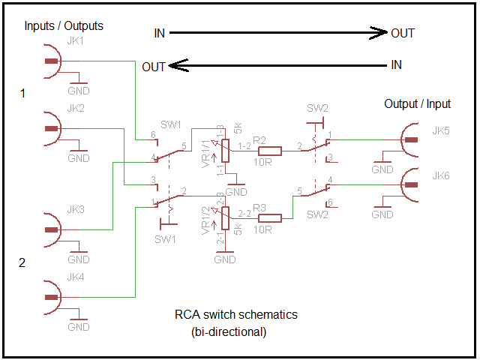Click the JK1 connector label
(x=75, y=40)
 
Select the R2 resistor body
(x=270, y=151)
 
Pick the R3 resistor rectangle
(x=270, y=218)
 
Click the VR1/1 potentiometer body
(x=225, y=151)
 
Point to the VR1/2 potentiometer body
(x=225, y=218)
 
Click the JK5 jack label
(x=441, y=130)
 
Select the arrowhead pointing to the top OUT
(x=378, y=33)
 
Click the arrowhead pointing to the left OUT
(x=178, y=65)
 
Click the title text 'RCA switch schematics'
(x=236, y=314)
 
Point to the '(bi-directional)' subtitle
(x=229, y=331)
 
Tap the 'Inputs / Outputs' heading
(x=64, y=26)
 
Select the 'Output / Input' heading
(x=417, y=103)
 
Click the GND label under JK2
(x=79, y=158)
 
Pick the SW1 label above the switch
(x=171, y=124)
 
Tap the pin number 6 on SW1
(x=153, y=135)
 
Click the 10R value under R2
(x=262, y=162)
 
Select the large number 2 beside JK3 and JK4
(x=22, y=262)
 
